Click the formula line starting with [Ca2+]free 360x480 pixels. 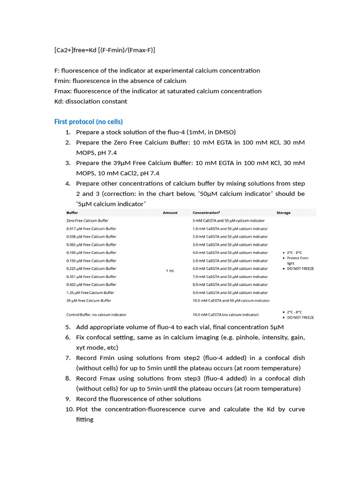(x=105, y=50)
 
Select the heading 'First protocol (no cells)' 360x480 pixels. (x=89, y=122)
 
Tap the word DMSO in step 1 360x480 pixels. (x=225, y=132)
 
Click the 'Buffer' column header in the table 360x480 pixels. (x=73, y=213)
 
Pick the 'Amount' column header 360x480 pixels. (x=170, y=213)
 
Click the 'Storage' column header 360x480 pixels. (x=284, y=213)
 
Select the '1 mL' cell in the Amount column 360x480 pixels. (x=170, y=270)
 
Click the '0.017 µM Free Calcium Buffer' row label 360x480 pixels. (x=91, y=229)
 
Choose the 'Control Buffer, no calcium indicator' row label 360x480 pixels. (x=96, y=315)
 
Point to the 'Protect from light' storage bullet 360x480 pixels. (x=297, y=261)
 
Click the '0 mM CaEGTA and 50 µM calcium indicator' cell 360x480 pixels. (x=229, y=221)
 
